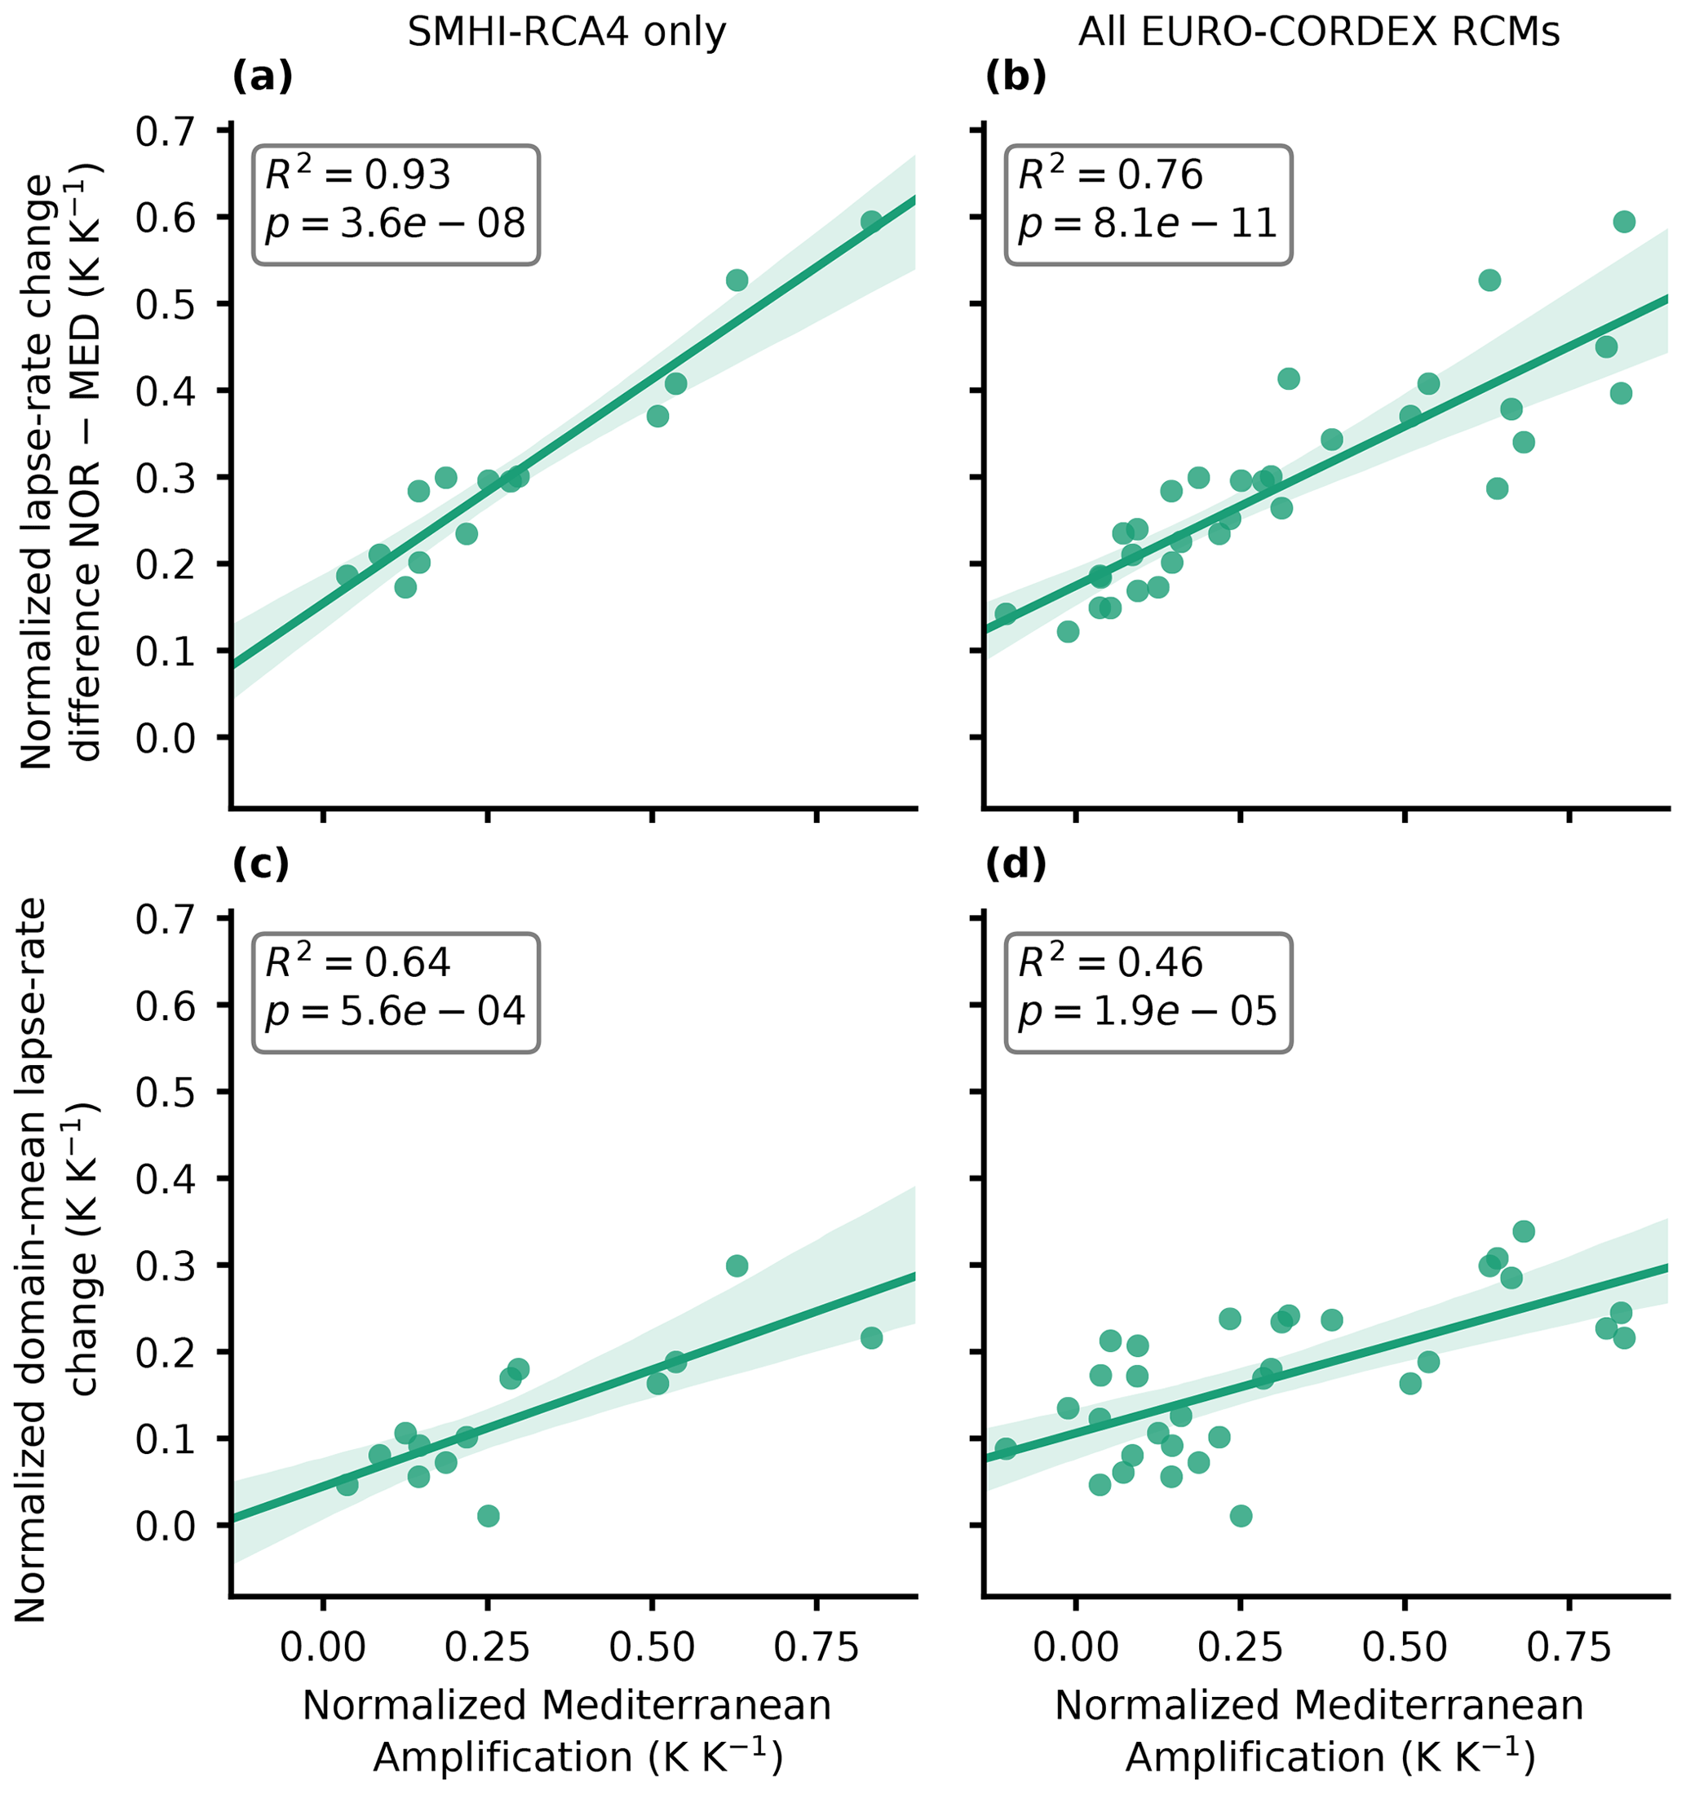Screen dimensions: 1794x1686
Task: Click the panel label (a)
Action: click(263, 78)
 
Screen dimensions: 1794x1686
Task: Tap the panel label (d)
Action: click(1016, 864)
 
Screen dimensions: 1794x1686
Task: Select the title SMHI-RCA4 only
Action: click(566, 33)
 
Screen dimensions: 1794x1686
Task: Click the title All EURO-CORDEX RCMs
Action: click(1319, 33)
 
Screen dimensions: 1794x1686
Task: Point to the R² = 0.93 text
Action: click(357, 175)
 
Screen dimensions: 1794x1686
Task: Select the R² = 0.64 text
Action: click(357, 962)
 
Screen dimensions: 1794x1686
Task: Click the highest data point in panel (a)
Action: click(871, 222)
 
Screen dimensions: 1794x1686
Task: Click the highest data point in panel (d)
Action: click(1524, 1231)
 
